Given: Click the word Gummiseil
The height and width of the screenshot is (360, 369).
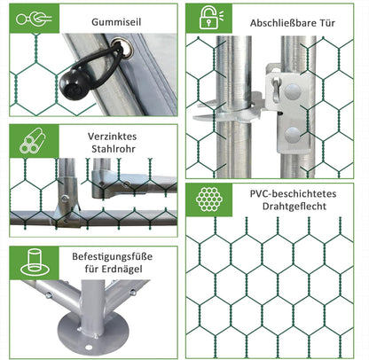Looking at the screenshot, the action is tap(116, 22).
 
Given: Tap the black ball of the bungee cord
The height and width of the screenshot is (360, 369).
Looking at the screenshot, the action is tap(74, 84).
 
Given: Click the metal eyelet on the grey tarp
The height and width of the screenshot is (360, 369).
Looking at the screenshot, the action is tap(125, 47).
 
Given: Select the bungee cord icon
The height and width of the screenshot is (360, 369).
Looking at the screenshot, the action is tap(34, 19).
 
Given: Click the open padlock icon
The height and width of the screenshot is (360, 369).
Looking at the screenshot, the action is tap(211, 18).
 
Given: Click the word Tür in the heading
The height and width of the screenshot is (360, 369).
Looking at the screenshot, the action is tap(327, 23).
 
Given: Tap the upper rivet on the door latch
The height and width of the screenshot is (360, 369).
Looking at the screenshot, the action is tap(293, 91).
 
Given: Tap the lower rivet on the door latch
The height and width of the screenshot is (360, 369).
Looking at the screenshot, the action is tap(293, 136).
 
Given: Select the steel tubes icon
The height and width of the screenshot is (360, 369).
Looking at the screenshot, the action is tap(33, 141).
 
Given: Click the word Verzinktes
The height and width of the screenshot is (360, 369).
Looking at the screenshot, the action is tap(112, 137).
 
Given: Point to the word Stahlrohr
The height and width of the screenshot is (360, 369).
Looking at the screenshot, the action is tap(114, 149).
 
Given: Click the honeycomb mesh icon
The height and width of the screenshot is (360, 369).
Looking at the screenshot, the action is tap(209, 200).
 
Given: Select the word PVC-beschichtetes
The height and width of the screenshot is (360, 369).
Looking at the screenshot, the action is tap(293, 194).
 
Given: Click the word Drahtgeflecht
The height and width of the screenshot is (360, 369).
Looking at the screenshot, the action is tap(294, 206).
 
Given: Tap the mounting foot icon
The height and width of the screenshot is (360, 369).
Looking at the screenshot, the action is tap(35, 262).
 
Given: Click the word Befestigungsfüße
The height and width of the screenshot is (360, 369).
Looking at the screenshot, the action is tap(113, 256).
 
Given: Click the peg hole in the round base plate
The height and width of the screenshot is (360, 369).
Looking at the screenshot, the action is tap(89, 347).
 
